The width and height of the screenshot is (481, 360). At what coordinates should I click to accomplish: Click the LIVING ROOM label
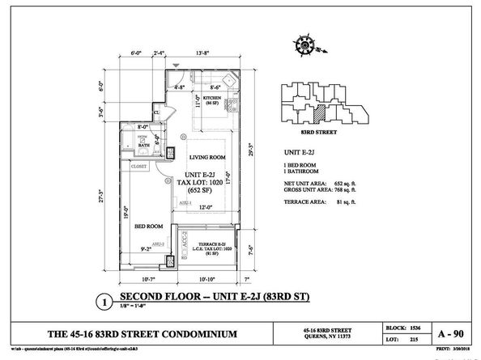tap(206, 157)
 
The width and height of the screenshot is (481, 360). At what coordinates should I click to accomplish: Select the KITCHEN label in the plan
tap(212, 100)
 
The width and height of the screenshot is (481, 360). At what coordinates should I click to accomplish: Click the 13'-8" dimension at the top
tap(205, 53)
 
